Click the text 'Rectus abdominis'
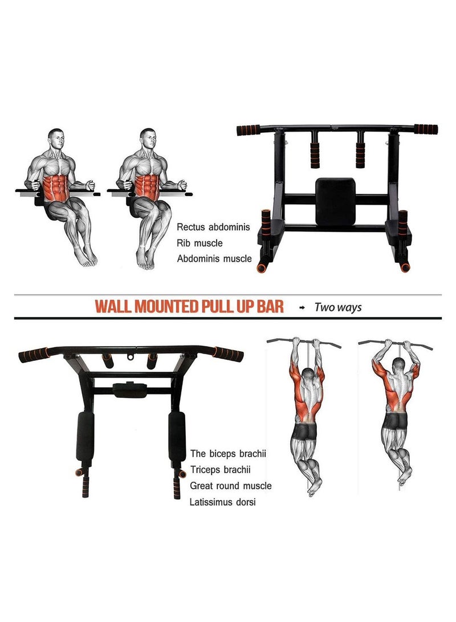[x=213, y=227]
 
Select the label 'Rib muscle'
[x=199, y=243]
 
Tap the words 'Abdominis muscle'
[x=214, y=258]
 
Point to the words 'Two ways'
[x=338, y=307]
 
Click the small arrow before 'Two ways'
[x=302, y=307]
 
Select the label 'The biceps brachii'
[x=229, y=454]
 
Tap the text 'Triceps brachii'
[x=220, y=470]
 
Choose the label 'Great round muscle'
[x=231, y=486]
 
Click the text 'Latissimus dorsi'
[x=223, y=502]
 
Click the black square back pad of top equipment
[x=336, y=201]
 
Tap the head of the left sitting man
[x=55, y=139]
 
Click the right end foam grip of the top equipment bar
[x=426, y=129]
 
